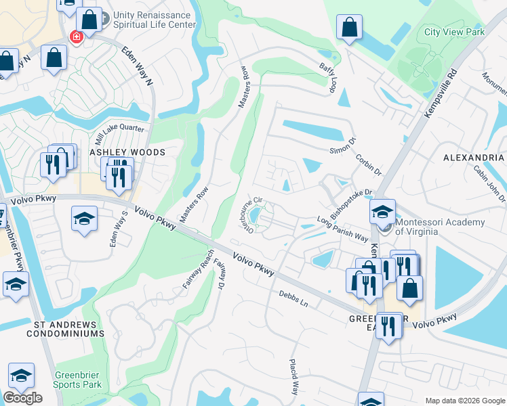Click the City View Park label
tap(454, 32)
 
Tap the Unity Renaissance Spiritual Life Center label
tap(148, 19)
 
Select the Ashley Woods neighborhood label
tap(127, 152)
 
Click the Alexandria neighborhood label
tap(474, 157)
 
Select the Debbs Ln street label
tap(293, 298)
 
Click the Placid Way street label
tap(295, 378)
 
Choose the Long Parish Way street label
tap(342, 229)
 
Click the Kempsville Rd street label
tap(440, 93)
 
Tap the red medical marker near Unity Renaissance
tap(76, 35)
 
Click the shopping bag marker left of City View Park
tap(350, 28)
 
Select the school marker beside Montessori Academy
tap(382, 212)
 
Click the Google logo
tap(22, 397)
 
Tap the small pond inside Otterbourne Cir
tap(256, 216)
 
